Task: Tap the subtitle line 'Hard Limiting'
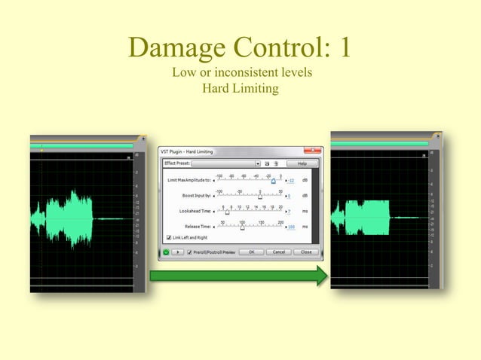tap(241, 88)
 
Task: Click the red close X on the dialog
tap(312, 151)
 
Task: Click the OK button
tap(251, 252)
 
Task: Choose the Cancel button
tap(277, 252)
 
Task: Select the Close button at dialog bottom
tap(305, 252)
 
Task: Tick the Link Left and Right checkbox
tap(168, 237)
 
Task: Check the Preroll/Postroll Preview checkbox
tap(189, 252)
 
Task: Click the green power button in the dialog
tap(166, 252)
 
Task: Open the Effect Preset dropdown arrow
tap(257, 163)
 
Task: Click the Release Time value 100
tap(290, 227)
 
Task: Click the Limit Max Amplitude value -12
tap(290, 181)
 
